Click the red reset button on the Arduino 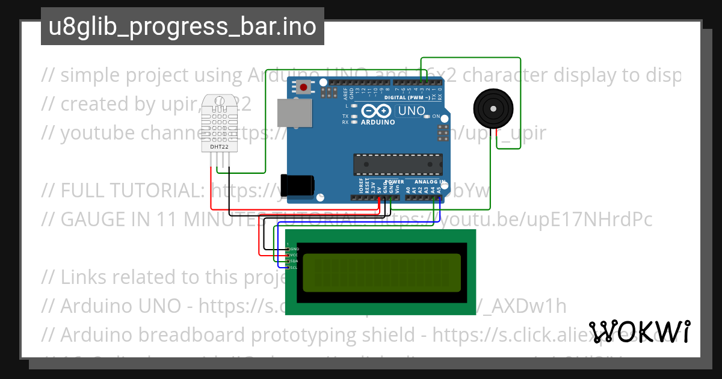303,87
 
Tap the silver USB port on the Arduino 295,113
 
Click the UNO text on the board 412,111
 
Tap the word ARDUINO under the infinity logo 377,122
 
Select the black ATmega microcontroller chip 397,164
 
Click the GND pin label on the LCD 294,248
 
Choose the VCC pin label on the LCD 294,255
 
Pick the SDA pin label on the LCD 294,261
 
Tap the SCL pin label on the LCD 294,267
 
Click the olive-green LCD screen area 381,272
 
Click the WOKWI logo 639,331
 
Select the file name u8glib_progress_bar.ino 182,27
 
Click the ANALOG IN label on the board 430,181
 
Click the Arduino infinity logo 377,111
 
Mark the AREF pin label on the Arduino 345,93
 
